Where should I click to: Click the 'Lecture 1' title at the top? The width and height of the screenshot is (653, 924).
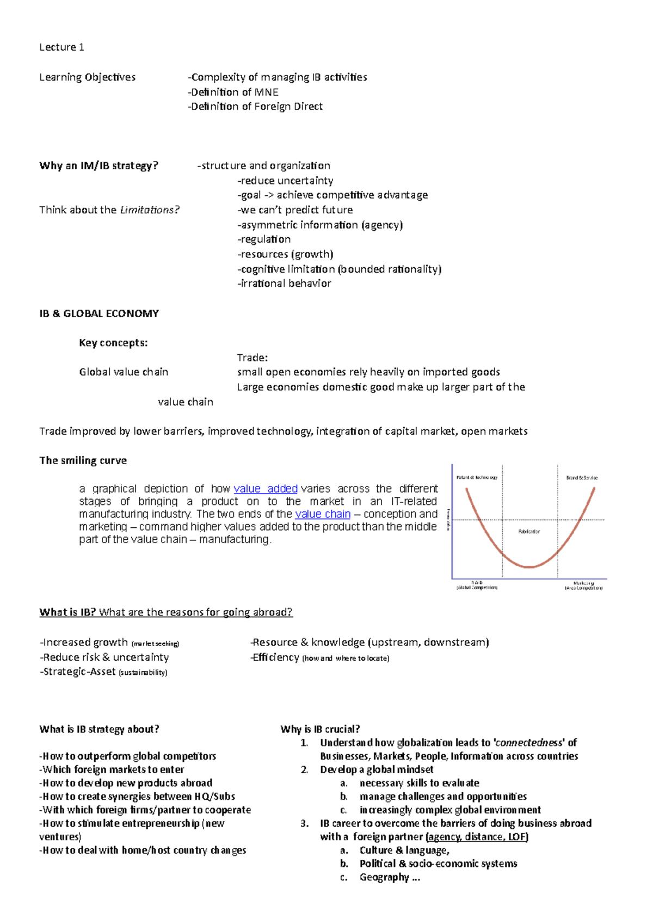61,47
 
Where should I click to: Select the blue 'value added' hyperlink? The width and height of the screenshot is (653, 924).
265,489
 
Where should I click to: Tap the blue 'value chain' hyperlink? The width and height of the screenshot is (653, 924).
322,514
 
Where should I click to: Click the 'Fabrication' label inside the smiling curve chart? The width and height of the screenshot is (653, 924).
529,532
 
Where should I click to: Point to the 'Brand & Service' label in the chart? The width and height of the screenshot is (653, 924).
581,478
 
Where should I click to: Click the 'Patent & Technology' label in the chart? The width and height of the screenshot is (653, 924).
477,478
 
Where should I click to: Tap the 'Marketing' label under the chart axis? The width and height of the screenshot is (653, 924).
583,583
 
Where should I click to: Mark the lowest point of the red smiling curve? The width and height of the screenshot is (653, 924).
529,567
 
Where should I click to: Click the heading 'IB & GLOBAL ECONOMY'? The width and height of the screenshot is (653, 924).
99,313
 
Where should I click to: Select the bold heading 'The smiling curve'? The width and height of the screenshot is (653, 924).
83,460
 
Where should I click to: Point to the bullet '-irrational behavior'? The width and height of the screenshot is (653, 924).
284,284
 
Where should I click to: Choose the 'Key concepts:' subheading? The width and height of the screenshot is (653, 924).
113,343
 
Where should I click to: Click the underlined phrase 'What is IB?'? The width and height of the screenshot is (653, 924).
67,612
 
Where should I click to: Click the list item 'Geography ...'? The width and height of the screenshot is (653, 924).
390,877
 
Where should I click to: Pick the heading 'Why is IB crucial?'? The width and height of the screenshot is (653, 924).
320,729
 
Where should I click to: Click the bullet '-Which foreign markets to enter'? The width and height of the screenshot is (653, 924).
112,769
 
